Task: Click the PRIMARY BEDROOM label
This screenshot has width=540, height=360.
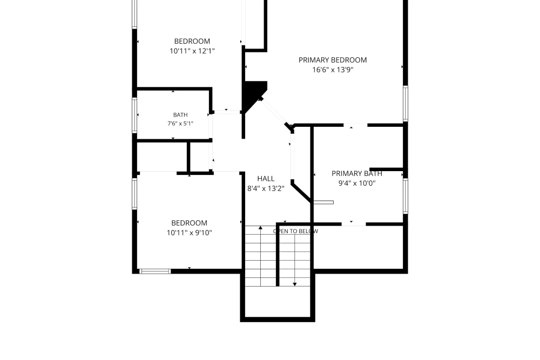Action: [332, 60]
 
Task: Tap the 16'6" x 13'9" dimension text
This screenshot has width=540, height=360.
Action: [333, 70]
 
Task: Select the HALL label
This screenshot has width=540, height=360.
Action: [266, 179]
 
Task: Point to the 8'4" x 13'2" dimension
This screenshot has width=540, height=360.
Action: [266, 188]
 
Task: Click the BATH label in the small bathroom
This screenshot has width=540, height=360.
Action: [180, 115]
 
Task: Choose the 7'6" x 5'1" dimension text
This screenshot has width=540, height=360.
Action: [180, 124]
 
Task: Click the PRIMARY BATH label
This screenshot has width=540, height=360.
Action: [357, 173]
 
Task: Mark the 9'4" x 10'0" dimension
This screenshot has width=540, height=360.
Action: [357, 183]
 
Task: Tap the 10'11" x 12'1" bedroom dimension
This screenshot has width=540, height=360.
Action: [192, 51]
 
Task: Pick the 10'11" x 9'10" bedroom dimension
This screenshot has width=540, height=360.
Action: [190, 233]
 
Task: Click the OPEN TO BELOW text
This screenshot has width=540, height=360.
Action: [295, 232]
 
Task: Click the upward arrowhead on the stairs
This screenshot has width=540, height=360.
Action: [260, 227]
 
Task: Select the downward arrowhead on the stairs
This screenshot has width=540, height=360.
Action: [295, 284]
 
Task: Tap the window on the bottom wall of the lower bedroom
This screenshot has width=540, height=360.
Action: [155, 271]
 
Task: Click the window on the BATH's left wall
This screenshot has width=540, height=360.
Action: [134, 116]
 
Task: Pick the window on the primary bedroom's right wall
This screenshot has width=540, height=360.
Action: [406, 103]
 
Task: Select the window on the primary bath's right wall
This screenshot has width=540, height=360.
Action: [406, 196]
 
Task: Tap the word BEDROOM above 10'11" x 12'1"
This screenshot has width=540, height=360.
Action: [192, 42]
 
